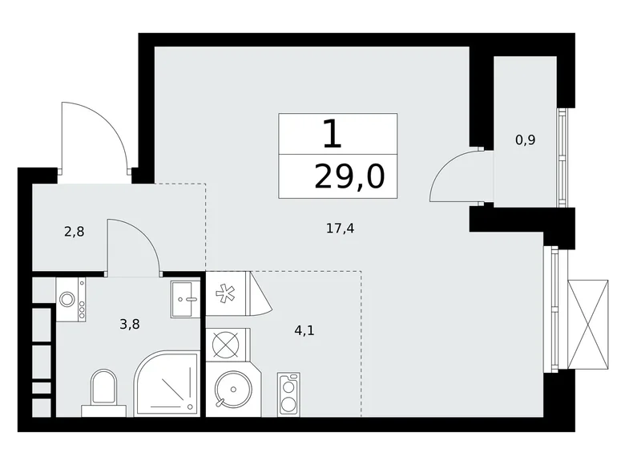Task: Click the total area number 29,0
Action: [349, 176]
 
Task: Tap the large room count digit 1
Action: [333, 134]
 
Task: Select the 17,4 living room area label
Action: [340, 228]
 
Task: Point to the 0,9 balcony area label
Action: [526, 140]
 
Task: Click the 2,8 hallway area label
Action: [75, 232]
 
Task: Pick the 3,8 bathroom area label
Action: [130, 324]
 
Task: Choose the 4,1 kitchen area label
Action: [304, 330]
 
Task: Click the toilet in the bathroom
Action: [103, 393]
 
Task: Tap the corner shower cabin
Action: [167, 384]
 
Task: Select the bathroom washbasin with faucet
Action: [185, 299]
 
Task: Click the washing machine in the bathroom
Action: [71, 300]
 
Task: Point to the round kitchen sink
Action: [233, 389]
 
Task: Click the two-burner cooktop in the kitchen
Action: [288, 394]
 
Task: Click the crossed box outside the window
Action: [588, 324]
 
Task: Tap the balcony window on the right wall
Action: [562, 157]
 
